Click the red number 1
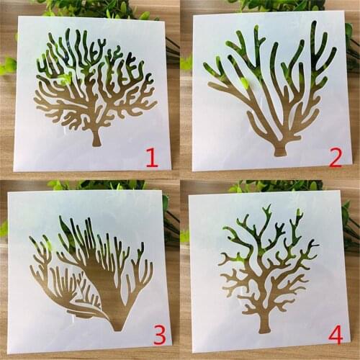click(152, 156)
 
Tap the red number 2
click(335, 156)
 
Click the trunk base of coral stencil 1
click(96, 140)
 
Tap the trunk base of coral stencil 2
click(279, 150)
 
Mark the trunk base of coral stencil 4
click(265, 325)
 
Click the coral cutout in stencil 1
click(96, 94)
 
